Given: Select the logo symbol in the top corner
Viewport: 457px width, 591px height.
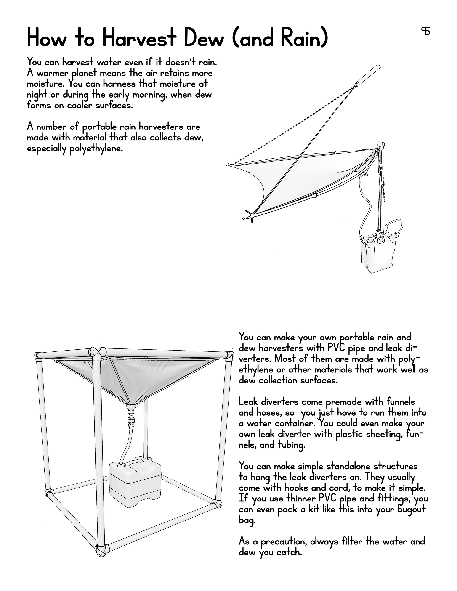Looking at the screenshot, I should pos(426,31).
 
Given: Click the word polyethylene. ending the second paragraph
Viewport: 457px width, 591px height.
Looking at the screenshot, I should pos(96,149).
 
